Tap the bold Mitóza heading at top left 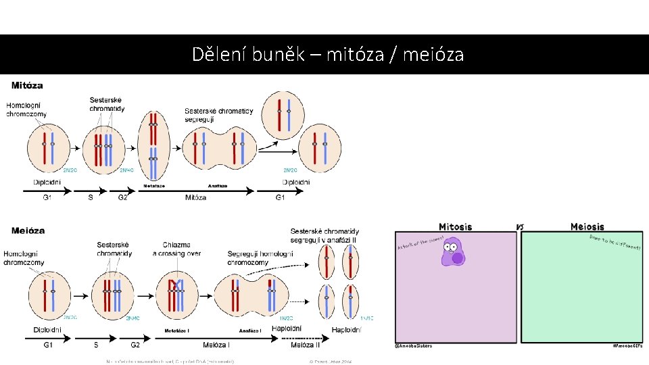point(27,86)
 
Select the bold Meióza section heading point(28,230)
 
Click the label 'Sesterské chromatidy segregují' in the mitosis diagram point(218,115)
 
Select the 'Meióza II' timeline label point(306,345)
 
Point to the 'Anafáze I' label point(249,331)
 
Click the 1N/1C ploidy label point(366,318)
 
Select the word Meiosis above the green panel point(587,227)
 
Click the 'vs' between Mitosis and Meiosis point(521,226)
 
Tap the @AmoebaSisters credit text point(413,346)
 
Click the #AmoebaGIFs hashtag point(627,346)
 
